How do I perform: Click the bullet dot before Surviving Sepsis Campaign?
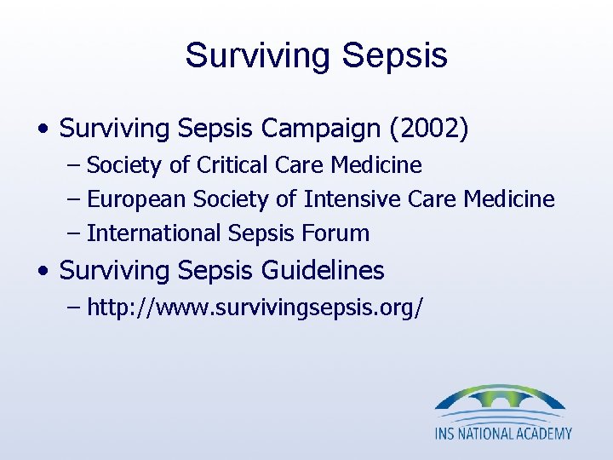[43, 130]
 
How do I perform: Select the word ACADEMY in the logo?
[542, 433]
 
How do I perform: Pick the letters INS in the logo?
[446, 433]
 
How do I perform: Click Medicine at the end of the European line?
[508, 199]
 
